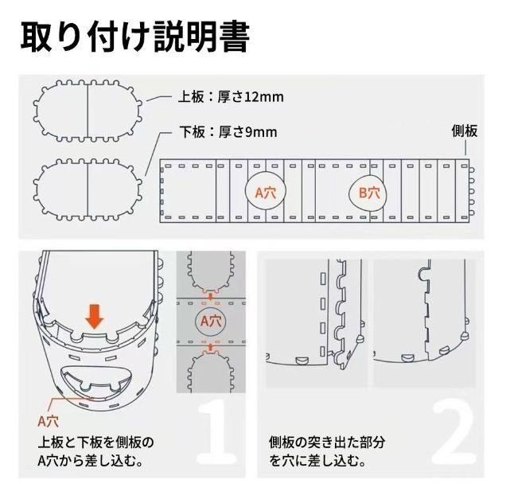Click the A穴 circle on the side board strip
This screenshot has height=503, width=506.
coord(264,192)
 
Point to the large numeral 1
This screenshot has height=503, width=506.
coord(208,438)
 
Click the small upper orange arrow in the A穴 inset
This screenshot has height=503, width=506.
coord(210,296)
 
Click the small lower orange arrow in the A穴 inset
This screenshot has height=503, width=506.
coord(210,346)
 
